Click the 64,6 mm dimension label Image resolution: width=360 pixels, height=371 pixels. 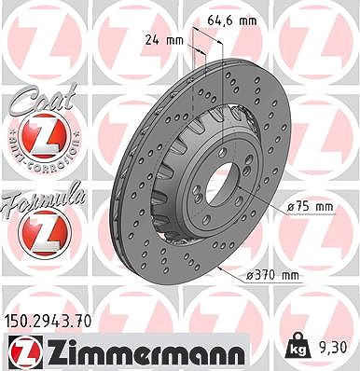pos(232,21)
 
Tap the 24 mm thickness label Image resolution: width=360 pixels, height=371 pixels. pos(164,40)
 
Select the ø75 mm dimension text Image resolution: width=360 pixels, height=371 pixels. pos(310,207)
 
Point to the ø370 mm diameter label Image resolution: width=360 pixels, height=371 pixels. pos(272,275)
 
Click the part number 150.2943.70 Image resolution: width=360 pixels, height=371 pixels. pos(48,321)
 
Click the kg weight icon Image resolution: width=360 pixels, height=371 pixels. pos(299,346)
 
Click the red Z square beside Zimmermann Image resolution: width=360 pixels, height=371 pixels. pos(25,351)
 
